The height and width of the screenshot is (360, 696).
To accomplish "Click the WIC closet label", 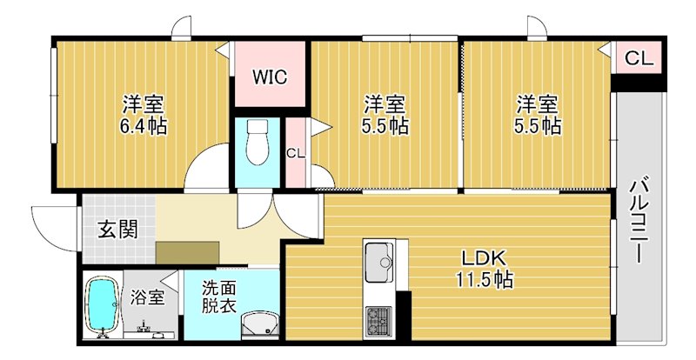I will pyautogui.click(x=270, y=75).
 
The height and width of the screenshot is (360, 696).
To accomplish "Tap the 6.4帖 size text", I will pyautogui.click(x=144, y=125).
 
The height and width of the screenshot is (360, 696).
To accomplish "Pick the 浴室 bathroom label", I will pyautogui.click(x=147, y=297).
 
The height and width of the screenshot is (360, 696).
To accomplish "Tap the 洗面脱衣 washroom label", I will pyautogui.click(x=219, y=297).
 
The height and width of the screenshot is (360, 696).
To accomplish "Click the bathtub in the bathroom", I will pyautogui.click(x=103, y=305).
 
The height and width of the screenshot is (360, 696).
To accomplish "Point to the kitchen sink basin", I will pyautogui.click(x=379, y=262).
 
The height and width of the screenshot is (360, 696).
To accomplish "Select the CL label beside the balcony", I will pyautogui.click(x=638, y=59).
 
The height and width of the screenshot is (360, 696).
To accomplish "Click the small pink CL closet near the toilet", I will pyautogui.click(x=296, y=153).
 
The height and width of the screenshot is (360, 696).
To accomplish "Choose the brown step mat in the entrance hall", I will pyautogui.click(x=186, y=250).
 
